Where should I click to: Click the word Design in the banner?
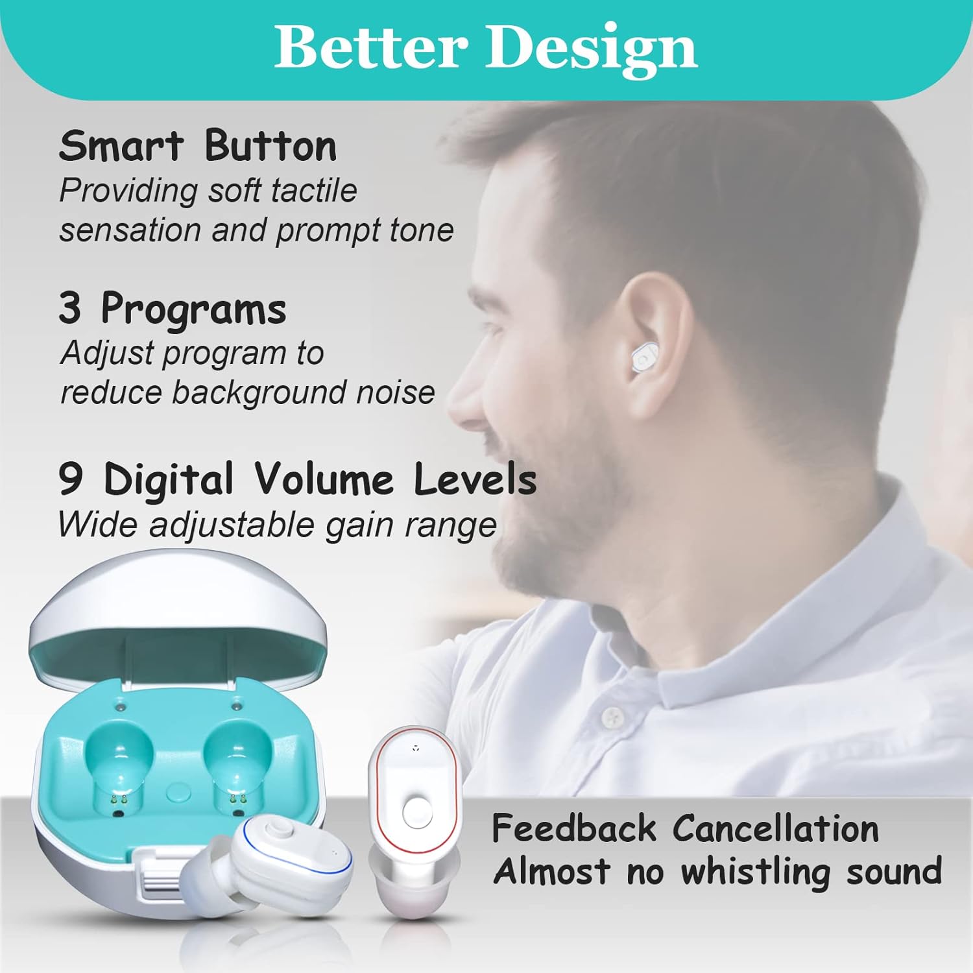[592, 49]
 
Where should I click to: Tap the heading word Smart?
[121, 146]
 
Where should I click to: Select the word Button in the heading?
[270, 146]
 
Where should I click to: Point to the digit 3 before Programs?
[70, 308]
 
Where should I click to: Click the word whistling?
[756, 871]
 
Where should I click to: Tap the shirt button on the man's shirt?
[612, 717]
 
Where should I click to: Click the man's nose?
[459, 396]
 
